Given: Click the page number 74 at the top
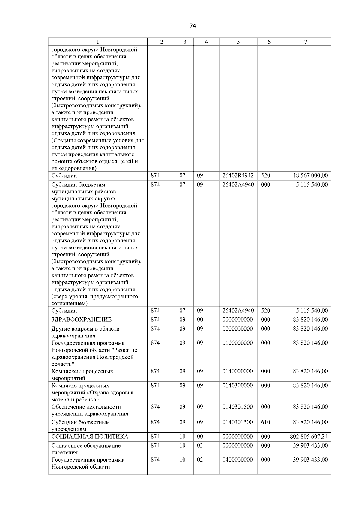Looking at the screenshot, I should tap(193, 26).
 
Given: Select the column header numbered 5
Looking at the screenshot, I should tap(238, 42).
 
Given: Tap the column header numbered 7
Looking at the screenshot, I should tap(305, 42).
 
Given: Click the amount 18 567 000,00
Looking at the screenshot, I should tap(310, 176).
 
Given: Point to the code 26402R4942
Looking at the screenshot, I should tap(238, 176).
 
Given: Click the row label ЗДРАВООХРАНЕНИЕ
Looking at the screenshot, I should tap(82, 320).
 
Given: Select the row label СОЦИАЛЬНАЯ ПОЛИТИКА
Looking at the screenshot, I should tap(90, 437).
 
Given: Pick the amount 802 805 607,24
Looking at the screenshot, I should tap(309, 437).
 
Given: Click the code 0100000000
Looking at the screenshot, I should tap(238, 343).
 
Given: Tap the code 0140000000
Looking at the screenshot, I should tap(238, 371).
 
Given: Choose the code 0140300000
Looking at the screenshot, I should tap(238, 385).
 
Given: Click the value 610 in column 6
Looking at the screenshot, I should tap(265, 422).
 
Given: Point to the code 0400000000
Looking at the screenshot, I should tap(238, 460).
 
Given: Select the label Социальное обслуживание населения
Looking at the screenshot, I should tap(86, 449).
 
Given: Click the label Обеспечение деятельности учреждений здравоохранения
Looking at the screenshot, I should tap(90, 410).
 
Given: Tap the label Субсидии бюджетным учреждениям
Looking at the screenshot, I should tap(81, 426).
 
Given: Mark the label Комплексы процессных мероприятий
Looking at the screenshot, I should tap(82, 375).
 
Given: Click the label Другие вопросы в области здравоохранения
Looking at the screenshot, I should tap(85, 332).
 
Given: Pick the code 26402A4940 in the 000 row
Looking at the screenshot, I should tap(238, 185).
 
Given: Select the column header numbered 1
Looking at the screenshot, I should tap(97, 42).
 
